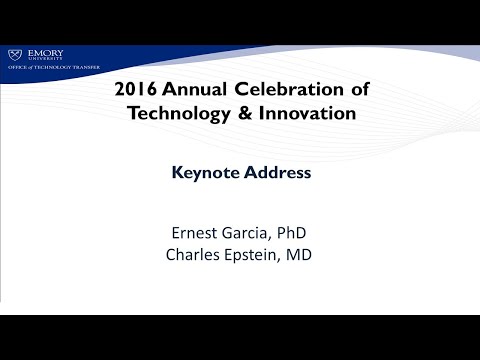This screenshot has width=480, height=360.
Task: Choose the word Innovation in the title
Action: click(x=306, y=114)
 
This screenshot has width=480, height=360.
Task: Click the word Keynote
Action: click(x=204, y=172)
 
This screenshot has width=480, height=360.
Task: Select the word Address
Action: click(x=277, y=172)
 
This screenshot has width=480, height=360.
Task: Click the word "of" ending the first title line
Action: click(x=359, y=89)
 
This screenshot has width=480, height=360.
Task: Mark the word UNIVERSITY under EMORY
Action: click(x=44, y=60)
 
